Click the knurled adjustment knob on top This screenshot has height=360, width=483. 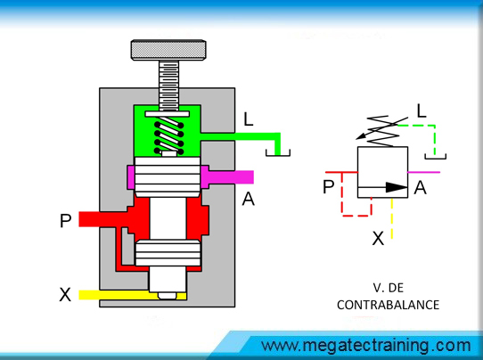coord(168,50)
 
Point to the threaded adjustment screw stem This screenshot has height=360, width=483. coord(168,85)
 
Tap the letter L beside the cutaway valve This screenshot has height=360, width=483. coord(249,119)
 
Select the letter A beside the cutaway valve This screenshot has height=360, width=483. coord(249,199)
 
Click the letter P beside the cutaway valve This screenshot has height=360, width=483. coord(66,220)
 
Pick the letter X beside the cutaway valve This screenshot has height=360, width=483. coord(65,295)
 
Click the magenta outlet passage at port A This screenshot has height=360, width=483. coord(227,177)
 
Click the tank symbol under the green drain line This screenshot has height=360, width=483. coord(278,152)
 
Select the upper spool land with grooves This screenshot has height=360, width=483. coord(168,177)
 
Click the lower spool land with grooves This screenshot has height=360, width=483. coord(168,253)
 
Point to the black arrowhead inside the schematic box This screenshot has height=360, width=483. coord(397,187)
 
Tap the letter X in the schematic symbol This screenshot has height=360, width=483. coord(378,238)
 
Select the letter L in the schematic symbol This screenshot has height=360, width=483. coord(422,110)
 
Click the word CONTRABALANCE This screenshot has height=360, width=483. coord(389,305)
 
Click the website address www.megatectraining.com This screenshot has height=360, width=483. coord(366,346)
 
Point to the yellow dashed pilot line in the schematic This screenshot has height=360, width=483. coord(391,218)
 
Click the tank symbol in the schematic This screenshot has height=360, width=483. coord(435,157)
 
